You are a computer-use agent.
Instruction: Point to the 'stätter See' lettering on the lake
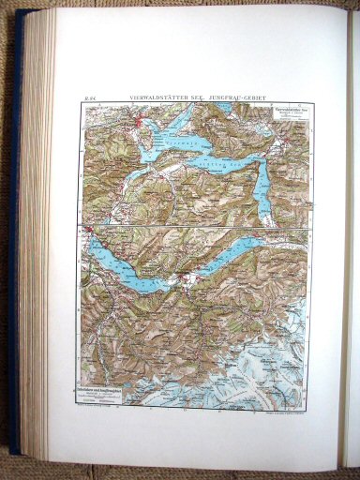tap(247, 165)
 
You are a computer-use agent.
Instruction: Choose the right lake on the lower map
tap(233, 252)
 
